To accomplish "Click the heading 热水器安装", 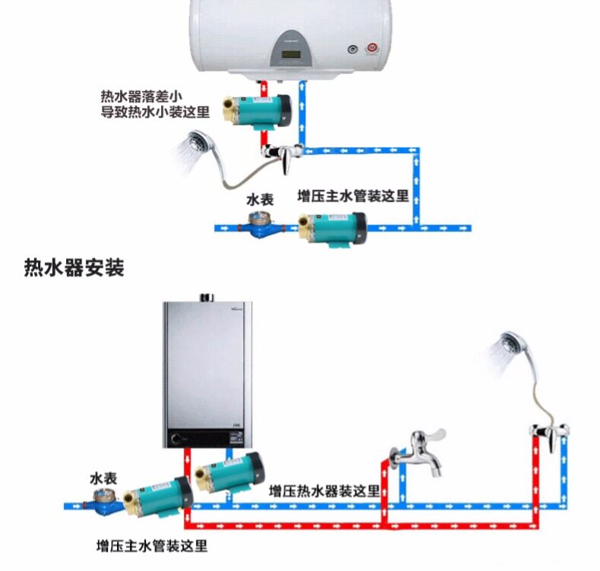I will pos(74,268).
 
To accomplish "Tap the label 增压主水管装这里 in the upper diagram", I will pos(352,196).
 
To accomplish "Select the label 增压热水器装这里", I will pos(324,491).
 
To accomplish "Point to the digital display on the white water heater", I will pos(292,55).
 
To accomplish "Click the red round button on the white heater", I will pos(372,49).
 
